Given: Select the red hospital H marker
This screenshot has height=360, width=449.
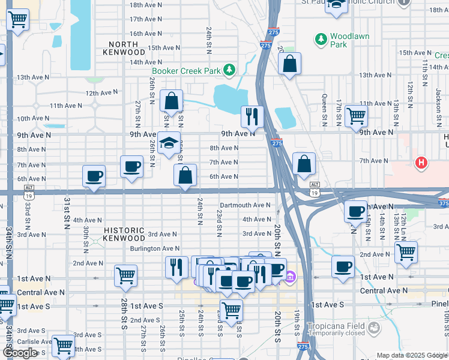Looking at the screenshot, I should (x=421, y=163).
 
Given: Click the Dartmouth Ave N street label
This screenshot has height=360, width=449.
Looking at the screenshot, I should (x=245, y=205).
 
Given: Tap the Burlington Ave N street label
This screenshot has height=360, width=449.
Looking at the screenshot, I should (x=155, y=248).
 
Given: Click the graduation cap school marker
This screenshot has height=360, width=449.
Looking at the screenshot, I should (x=170, y=143).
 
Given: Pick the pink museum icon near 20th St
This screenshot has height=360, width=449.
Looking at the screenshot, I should (x=290, y=277).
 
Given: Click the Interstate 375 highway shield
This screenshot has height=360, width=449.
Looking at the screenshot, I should (x=443, y=203).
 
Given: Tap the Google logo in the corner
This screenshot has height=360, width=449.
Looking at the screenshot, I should (x=20, y=353).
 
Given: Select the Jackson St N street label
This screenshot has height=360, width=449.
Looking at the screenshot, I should (x=439, y=103).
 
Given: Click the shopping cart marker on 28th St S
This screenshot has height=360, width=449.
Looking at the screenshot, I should (x=125, y=275).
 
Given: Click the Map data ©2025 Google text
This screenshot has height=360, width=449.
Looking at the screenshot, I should (x=412, y=355).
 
